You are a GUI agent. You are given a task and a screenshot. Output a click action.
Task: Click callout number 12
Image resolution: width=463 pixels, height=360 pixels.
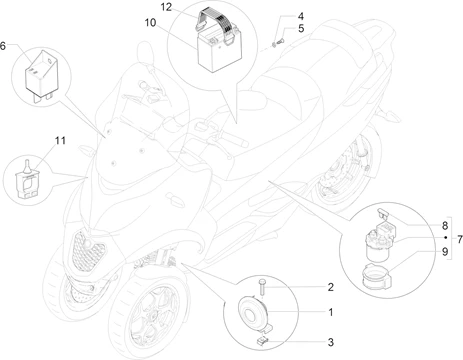pos(166,7)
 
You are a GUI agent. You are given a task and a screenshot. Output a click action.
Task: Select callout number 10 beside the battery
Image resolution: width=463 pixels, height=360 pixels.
pos(150,23)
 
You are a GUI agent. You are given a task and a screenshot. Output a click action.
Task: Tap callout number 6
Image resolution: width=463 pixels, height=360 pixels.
pos(3,46)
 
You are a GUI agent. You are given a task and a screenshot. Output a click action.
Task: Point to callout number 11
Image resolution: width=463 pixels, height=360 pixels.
pos(60,141)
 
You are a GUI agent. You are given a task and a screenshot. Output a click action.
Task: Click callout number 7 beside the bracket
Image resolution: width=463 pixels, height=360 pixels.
pos(460,239)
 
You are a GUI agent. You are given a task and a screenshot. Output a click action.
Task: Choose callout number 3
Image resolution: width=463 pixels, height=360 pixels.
pos(330,342)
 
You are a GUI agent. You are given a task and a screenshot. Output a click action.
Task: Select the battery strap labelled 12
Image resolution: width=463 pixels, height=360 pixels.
pos(216,24)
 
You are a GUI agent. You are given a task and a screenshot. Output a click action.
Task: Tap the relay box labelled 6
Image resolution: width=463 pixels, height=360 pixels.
pos(40,74)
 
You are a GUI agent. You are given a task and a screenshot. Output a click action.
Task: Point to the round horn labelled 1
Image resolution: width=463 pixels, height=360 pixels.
pos(253,312)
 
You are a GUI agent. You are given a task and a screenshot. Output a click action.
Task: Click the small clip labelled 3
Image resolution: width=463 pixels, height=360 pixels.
pos(263,341)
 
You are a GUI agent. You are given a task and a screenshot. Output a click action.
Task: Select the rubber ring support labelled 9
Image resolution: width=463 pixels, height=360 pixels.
pos(376,275)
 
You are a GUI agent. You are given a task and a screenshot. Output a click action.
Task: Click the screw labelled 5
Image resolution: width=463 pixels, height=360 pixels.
pos(280,41)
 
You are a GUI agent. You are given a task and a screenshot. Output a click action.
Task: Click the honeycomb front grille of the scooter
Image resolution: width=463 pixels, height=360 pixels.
pos(88,248)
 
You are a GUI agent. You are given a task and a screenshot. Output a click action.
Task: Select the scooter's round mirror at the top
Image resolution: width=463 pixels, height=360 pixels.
pos(146,53)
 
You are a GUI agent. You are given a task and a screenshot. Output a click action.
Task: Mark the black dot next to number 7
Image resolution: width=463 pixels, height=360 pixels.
pos(446,238)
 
